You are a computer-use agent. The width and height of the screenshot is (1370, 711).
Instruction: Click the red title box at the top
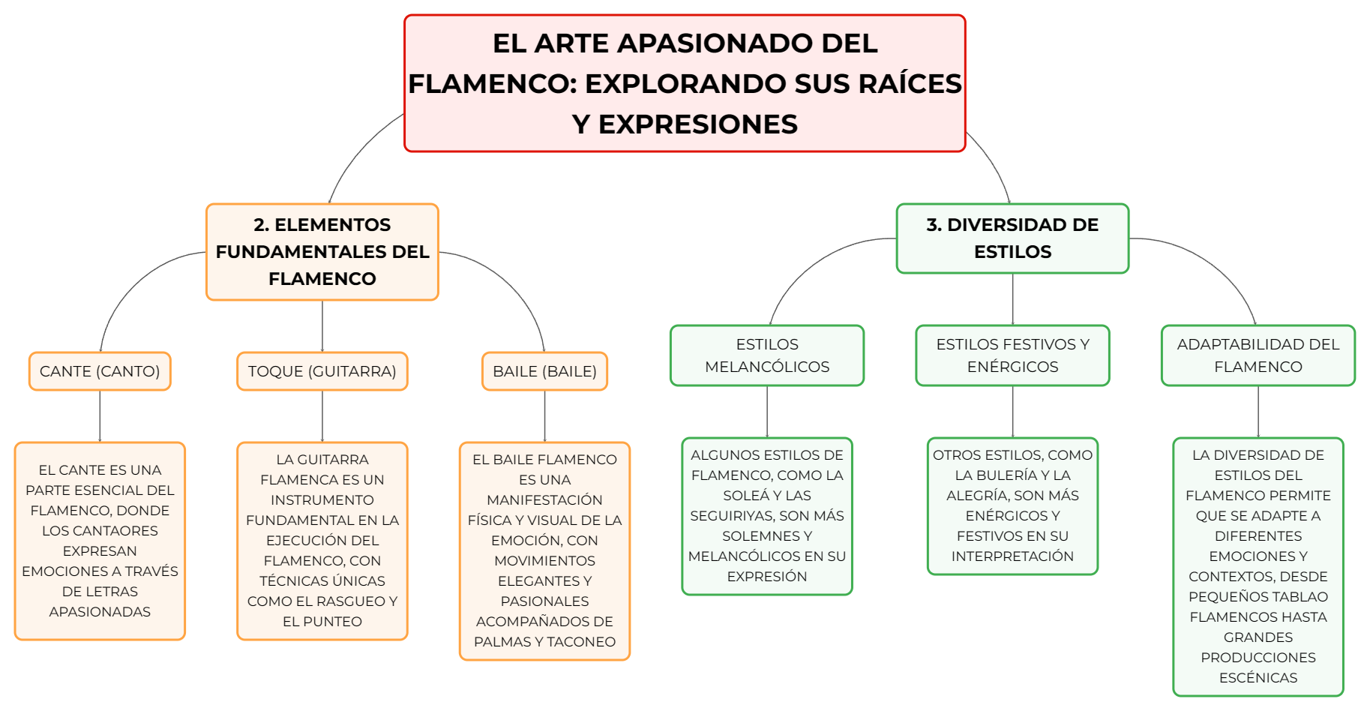pyautogui.click(x=685, y=83)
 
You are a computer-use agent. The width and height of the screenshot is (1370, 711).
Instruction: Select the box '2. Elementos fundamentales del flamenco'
pyautogui.click(x=322, y=252)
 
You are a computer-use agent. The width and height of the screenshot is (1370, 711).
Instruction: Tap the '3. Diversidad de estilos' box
pyautogui.click(x=1012, y=238)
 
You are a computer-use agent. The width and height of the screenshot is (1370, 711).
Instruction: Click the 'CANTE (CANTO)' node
pyautogui.click(x=100, y=371)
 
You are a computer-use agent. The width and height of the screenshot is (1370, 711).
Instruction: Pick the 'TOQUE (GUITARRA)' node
pyautogui.click(x=322, y=371)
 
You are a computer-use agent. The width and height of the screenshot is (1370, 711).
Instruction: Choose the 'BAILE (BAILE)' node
pyautogui.click(x=544, y=371)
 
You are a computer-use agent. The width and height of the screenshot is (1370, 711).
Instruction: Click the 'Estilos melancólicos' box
pyautogui.click(x=767, y=355)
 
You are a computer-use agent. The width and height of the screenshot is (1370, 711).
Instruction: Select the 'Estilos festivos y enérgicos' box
pyautogui.click(x=1012, y=355)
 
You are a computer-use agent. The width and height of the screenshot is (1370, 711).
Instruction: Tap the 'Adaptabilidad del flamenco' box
pyautogui.click(x=1258, y=355)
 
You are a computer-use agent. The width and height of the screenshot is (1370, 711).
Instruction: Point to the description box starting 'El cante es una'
pyautogui.click(x=100, y=541)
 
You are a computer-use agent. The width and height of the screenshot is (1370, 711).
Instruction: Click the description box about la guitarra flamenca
pyautogui.click(x=322, y=541)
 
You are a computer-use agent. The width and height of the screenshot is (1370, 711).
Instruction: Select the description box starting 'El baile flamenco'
pyautogui.click(x=544, y=551)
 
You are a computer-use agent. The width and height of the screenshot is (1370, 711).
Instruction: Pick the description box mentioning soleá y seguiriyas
pyautogui.click(x=767, y=516)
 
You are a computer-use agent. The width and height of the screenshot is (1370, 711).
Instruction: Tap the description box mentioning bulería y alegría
pyautogui.click(x=1012, y=506)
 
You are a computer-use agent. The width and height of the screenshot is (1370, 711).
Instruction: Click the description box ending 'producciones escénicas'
pyautogui.click(x=1258, y=567)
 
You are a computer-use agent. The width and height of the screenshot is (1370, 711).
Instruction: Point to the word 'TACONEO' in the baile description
pyautogui.click(x=581, y=642)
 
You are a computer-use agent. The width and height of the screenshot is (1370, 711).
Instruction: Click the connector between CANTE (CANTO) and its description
pyautogui.click(x=100, y=416)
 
